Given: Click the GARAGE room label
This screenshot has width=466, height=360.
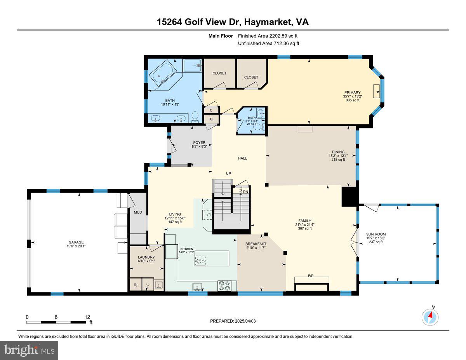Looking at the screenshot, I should coord(77,242).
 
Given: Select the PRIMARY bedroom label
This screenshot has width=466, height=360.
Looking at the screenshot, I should coord(352,92).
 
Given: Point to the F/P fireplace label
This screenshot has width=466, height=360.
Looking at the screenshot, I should coord(311,275).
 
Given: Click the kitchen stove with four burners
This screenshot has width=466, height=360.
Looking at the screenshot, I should coord(224,285).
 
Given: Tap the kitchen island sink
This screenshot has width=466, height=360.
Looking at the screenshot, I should coord(199,261).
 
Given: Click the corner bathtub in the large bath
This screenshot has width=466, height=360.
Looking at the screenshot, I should coord(163,74).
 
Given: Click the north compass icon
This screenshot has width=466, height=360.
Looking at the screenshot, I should coord(430,317).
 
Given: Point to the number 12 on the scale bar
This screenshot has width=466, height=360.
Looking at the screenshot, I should coord(87,317).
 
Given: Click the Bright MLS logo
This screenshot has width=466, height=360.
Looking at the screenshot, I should coord(30,350).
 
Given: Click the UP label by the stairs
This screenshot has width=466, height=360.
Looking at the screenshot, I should coord(229,173).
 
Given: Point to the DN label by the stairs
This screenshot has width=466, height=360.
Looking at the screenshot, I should coord(245,191).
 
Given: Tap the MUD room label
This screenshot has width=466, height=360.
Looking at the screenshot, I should coord(138,212).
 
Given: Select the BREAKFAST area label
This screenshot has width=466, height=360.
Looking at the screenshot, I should coord(256,244).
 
